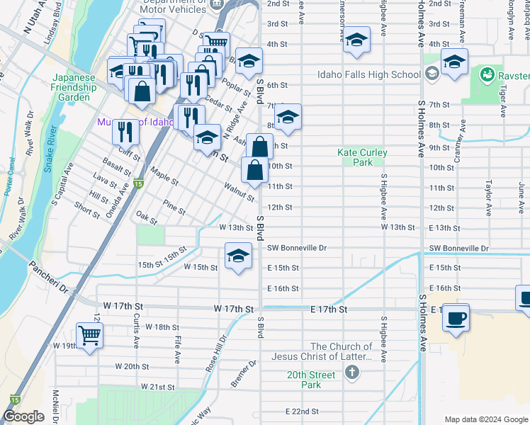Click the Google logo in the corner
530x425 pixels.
tap(23, 416)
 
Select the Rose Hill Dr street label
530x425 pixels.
tap(214, 352)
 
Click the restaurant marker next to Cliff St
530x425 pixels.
tap(125, 132)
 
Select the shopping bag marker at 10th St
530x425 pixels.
tap(254, 170)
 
